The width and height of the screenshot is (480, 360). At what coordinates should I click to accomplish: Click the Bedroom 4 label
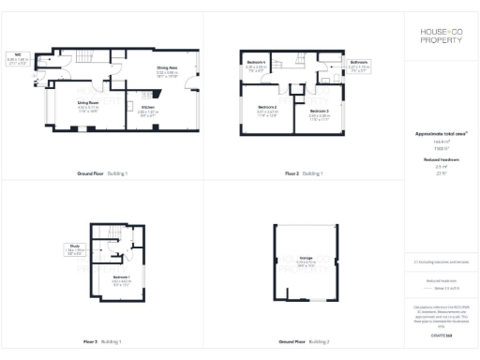coord(256,63)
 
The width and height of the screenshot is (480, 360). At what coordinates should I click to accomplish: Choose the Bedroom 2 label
coord(267,109)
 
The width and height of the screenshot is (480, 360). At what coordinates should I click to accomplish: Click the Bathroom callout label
coord(361,65)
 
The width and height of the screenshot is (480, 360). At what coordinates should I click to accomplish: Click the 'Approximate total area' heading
coord(440,134)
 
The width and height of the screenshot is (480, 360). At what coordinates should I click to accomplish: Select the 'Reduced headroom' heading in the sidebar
coord(440,160)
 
